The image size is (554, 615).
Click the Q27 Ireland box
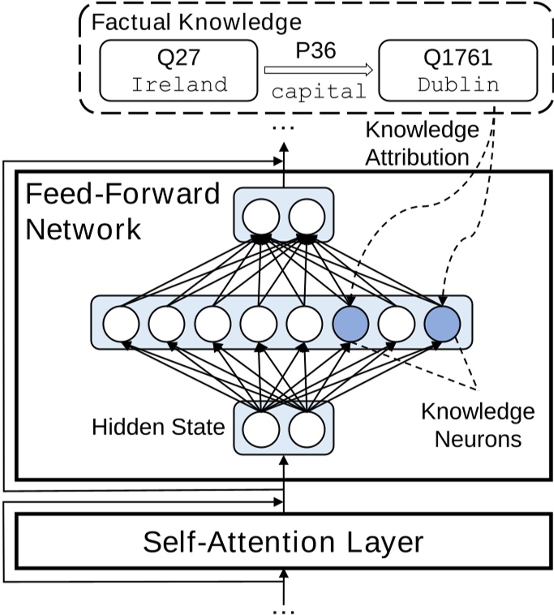178,71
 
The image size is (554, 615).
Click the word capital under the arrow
318,91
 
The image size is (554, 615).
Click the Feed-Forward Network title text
122,211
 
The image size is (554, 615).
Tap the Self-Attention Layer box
283,541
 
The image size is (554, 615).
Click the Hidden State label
158,427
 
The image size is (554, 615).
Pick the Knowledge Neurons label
478,426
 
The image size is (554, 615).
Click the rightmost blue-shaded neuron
442,325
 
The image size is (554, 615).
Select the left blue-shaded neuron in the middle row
350,325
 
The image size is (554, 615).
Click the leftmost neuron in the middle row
121,325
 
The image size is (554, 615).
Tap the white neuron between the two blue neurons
397,325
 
